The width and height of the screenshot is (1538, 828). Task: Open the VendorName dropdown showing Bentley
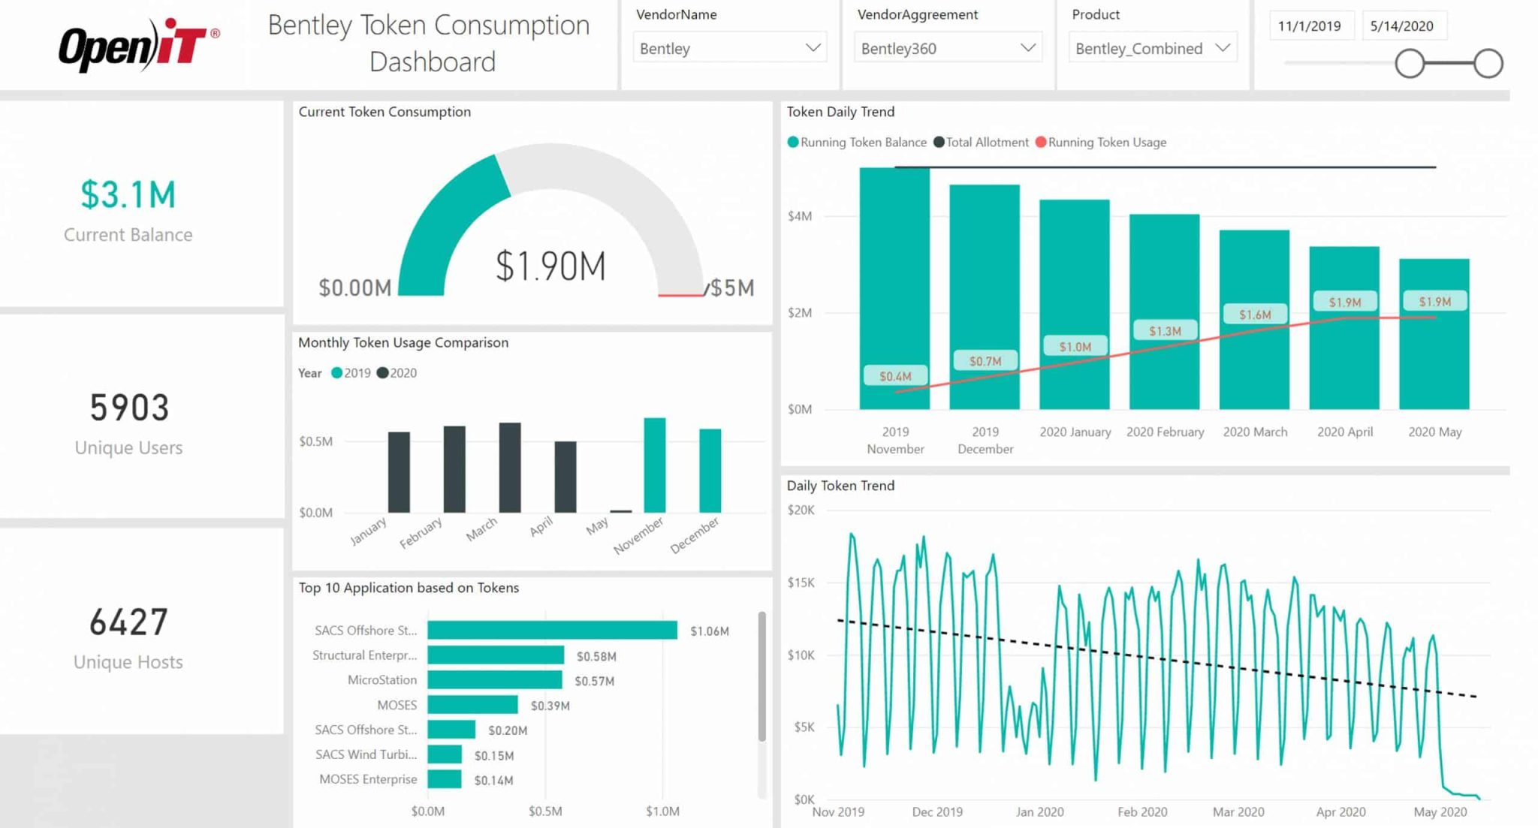click(728, 49)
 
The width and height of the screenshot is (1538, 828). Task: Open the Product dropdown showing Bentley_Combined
click(1152, 49)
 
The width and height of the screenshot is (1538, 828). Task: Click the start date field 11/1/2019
click(1309, 26)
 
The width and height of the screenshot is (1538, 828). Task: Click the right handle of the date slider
click(1487, 64)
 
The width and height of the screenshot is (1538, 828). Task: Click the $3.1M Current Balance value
click(128, 194)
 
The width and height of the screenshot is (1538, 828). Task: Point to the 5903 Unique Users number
click(129, 408)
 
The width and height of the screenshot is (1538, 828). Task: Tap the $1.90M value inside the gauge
click(550, 266)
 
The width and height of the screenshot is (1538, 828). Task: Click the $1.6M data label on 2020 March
click(1255, 315)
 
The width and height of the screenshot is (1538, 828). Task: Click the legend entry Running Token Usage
click(1105, 143)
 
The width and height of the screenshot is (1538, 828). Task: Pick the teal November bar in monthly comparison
click(654, 465)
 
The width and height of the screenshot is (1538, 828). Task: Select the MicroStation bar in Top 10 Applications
click(494, 680)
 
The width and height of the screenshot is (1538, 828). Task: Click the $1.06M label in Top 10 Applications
click(709, 631)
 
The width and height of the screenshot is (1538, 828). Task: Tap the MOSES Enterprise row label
click(367, 779)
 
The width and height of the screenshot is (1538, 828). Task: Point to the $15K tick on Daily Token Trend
click(801, 583)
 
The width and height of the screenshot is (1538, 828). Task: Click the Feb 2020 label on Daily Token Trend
click(1141, 811)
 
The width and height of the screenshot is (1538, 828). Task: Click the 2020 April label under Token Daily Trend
click(1344, 432)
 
